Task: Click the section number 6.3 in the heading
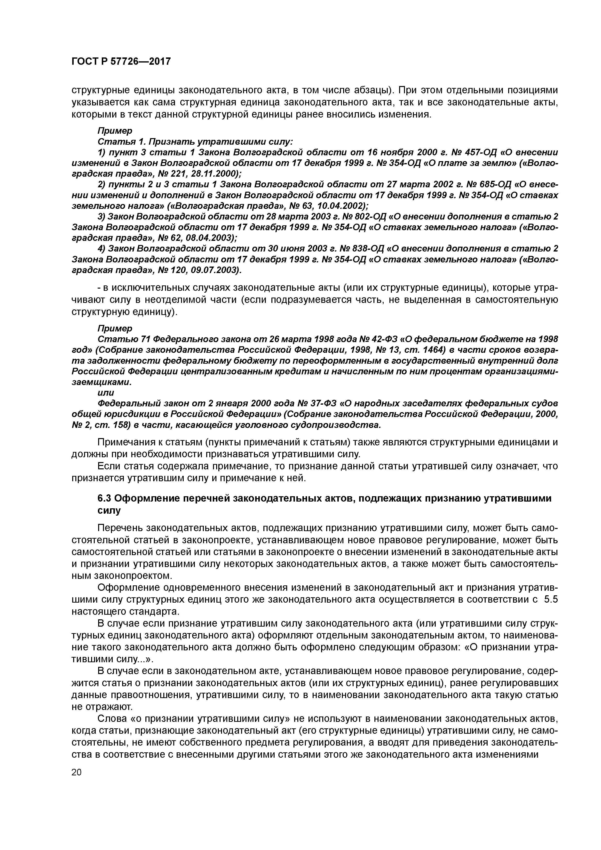104,499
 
